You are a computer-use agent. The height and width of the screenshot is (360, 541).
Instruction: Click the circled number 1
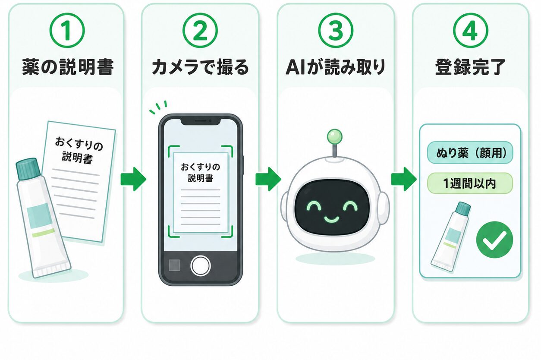[67, 31]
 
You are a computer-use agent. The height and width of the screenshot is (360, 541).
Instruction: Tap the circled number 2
[200, 31]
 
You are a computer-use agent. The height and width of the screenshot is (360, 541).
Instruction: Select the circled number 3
[336, 31]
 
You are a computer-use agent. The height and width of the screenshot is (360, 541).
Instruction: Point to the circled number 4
[471, 31]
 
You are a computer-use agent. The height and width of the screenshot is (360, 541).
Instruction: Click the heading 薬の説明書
[68, 67]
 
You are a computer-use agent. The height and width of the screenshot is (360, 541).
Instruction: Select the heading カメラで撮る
[200, 67]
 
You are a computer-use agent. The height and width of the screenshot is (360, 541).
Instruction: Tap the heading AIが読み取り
[336, 67]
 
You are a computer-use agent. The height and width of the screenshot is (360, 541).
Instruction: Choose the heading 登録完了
[471, 67]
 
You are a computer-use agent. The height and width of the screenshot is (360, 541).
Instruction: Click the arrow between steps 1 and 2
[133, 179]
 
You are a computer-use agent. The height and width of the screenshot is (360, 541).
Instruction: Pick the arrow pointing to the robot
[268, 179]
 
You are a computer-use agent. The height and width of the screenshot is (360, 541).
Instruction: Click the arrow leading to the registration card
[404, 179]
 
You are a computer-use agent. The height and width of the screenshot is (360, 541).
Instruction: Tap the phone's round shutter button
[200, 265]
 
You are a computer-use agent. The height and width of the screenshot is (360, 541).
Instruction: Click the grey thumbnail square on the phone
[174, 265]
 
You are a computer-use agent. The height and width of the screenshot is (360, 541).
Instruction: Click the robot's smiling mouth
[331, 219]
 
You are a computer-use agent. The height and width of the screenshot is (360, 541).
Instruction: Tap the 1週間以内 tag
[470, 183]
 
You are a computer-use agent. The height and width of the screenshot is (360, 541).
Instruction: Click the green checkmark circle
[494, 240]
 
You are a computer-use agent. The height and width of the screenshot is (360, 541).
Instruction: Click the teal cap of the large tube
[28, 169]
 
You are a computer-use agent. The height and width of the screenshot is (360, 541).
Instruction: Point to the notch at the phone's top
[201, 122]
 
